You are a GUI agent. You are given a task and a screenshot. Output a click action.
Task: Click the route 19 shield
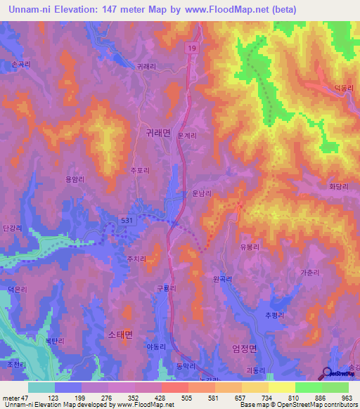click(x=191, y=46)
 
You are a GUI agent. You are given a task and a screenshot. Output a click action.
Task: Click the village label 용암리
click(x=75, y=179)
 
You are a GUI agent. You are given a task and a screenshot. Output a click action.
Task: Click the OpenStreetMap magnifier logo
click(x=328, y=373)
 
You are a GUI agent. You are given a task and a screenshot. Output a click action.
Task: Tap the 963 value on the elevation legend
click(x=344, y=398)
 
